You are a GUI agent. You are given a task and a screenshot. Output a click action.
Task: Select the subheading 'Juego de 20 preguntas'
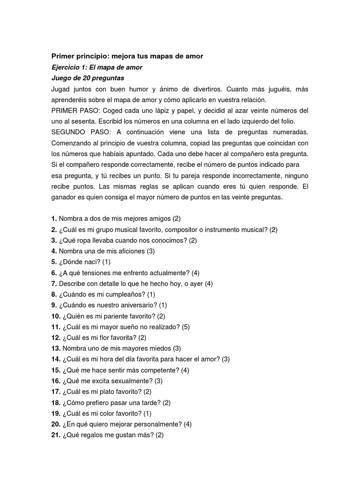(x=88, y=78)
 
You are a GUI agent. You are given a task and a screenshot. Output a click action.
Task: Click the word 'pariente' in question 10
(x=107, y=316)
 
